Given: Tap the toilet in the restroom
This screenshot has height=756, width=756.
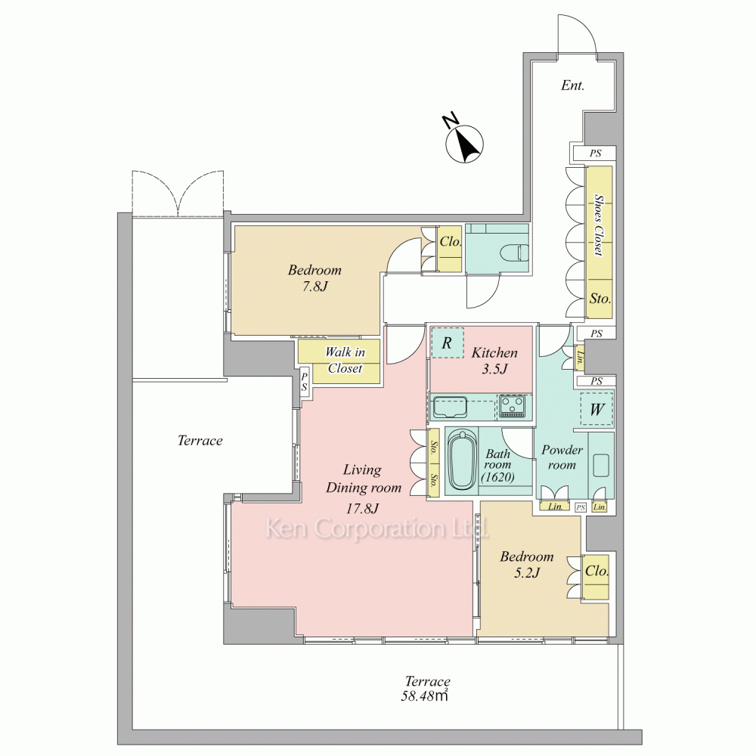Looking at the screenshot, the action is pyautogui.click(x=514, y=252).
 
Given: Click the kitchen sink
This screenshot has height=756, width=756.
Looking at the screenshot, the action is pyautogui.click(x=449, y=406).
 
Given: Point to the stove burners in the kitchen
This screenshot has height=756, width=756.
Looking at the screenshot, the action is pyautogui.click(x=513, y=405).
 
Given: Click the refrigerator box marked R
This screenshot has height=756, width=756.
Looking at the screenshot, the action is pyautogui.click(x=447, y=342).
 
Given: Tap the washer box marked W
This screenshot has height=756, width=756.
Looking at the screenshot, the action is pyautogui.click(x=597, y=409).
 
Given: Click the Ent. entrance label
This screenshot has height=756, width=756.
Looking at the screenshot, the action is pyautogui.click(x=573, y=86).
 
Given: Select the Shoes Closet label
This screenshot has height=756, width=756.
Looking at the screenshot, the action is pyautogui.click(x=598, y=225).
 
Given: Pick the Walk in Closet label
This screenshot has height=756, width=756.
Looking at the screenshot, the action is pyautogui.click(x=345, y=360).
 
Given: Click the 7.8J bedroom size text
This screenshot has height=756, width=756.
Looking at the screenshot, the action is pyautogui.click(x=314, y=287).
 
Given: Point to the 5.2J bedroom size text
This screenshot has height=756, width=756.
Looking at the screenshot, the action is pyautogui.click(x=526, y=573).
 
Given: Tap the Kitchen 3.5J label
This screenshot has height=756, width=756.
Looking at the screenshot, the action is pyautogui.click(x=494, y=361).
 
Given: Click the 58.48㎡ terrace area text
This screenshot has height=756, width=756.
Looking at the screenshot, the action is pyautogui.click(x=425, y=696).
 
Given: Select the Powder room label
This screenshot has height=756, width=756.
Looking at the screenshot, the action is pyautogui.click(x=562, y=457).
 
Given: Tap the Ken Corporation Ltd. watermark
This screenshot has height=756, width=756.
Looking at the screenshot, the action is pyautogui.click(x=377, y=528).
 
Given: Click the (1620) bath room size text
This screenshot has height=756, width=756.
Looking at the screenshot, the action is pyautogui.click(x=497, y=477).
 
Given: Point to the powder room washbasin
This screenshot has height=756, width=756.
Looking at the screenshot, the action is pyautogui.click(x=601, y=465).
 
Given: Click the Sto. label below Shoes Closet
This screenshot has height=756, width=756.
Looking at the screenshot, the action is pyautogui.click(x=600, y=299).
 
